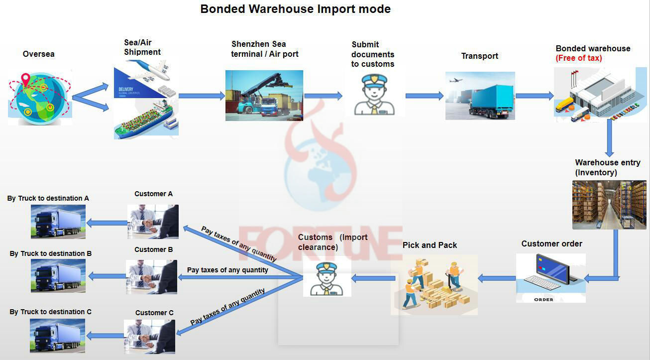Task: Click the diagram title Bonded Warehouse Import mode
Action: coord(295,9)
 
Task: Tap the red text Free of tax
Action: coord(579,58)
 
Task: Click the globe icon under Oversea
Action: coord(40,97)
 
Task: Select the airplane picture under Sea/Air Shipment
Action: coord(146,78)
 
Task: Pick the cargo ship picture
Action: coord(146,119)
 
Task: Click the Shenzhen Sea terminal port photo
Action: coord(264,95)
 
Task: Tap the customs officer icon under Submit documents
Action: coord(374,94)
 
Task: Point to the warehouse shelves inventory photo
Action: coord(609,205)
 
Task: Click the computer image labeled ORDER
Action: coord(550,277)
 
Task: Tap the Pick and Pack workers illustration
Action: coord(434,284)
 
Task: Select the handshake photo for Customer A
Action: coord(153,222)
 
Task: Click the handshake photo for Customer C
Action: coord(149,336)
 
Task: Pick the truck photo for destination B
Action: coord(58,275)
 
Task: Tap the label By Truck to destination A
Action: coord(48,198)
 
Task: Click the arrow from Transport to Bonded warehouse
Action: coord(534,96)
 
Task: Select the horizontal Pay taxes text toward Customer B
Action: coord(227,270)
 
